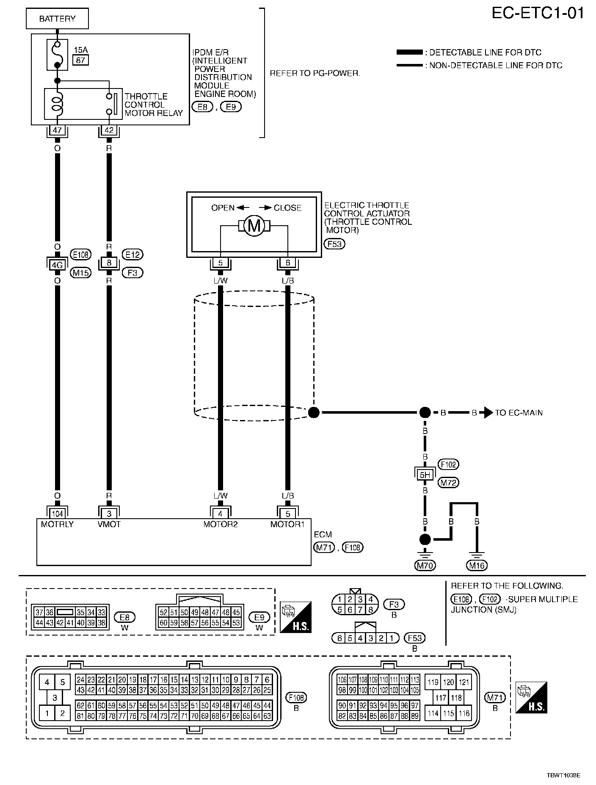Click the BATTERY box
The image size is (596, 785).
[57, 19]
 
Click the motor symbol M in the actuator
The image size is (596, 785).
[254, 226]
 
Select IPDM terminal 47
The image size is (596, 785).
[57, 130]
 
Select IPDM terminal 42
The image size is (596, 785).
[109, 130]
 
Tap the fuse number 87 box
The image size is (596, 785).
[80, 60]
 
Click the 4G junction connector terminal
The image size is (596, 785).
[57, 265]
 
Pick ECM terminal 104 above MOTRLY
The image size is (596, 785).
[57, 514]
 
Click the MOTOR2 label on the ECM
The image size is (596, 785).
[220, 524]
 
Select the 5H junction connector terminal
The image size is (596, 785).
[425, 475]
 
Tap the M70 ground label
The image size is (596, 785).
[425, 565]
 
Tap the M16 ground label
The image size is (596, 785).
[477, 565]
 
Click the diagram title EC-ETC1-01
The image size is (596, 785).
[538, 14]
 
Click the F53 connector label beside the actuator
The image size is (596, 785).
[334, 244]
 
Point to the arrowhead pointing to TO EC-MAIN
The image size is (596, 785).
[488, 412]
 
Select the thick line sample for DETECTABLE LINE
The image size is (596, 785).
[409, 53]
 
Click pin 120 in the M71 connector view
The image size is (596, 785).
[448, 682]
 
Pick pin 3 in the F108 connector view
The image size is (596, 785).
[55, 697]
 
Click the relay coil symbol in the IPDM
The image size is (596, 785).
[57, 104]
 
